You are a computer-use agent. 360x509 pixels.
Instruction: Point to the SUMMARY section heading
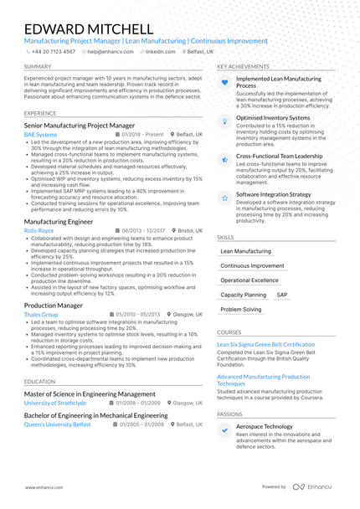point(38,66)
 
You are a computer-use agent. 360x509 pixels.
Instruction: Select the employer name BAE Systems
point(41,134)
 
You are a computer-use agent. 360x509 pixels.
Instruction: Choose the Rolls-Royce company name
point(39,229)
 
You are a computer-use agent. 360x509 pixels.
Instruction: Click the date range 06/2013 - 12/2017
point(143,229)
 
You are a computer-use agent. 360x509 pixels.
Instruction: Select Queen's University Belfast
point(58,424)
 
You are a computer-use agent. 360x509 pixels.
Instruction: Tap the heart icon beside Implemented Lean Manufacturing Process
point(224,83)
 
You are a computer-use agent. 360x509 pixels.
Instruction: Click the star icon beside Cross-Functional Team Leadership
point(224,157)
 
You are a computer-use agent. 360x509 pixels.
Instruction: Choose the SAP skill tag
point(281,296)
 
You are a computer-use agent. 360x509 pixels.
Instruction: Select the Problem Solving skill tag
point(241,310)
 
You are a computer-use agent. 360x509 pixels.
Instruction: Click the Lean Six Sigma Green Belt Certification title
point(265,344)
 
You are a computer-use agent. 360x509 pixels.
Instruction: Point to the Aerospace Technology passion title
point(265,426)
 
